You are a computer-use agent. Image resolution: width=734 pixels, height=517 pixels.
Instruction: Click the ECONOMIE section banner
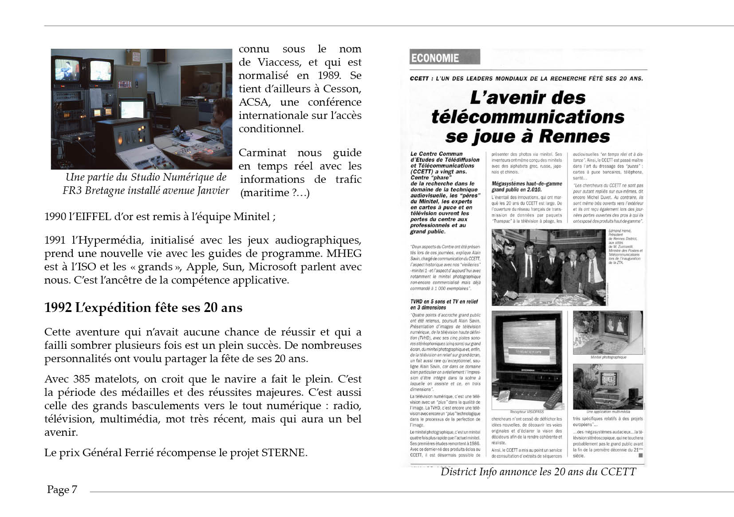point(444,58)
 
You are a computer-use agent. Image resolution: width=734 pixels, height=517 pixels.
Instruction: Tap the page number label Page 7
point(62,489)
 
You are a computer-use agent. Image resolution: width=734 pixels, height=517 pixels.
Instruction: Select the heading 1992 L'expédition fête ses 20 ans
point(143,308)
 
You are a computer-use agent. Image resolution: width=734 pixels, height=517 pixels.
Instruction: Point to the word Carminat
point(262,153)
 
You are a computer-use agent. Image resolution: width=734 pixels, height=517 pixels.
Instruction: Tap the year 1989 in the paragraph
point(328,75)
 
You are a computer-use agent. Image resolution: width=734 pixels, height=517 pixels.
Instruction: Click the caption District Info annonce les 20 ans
point(538,472)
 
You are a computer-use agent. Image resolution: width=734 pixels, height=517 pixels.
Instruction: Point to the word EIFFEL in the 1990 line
point(93,217)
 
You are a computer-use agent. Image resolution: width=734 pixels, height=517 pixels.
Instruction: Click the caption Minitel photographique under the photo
point(608,357)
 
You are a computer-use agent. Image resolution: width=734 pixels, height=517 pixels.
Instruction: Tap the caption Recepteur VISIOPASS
point(527,412)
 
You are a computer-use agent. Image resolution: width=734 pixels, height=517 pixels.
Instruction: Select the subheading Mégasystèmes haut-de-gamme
point(527,184)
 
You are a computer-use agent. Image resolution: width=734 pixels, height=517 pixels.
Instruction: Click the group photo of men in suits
point(549,267)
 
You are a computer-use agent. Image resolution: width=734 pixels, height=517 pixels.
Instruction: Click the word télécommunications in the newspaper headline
point(528,117)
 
